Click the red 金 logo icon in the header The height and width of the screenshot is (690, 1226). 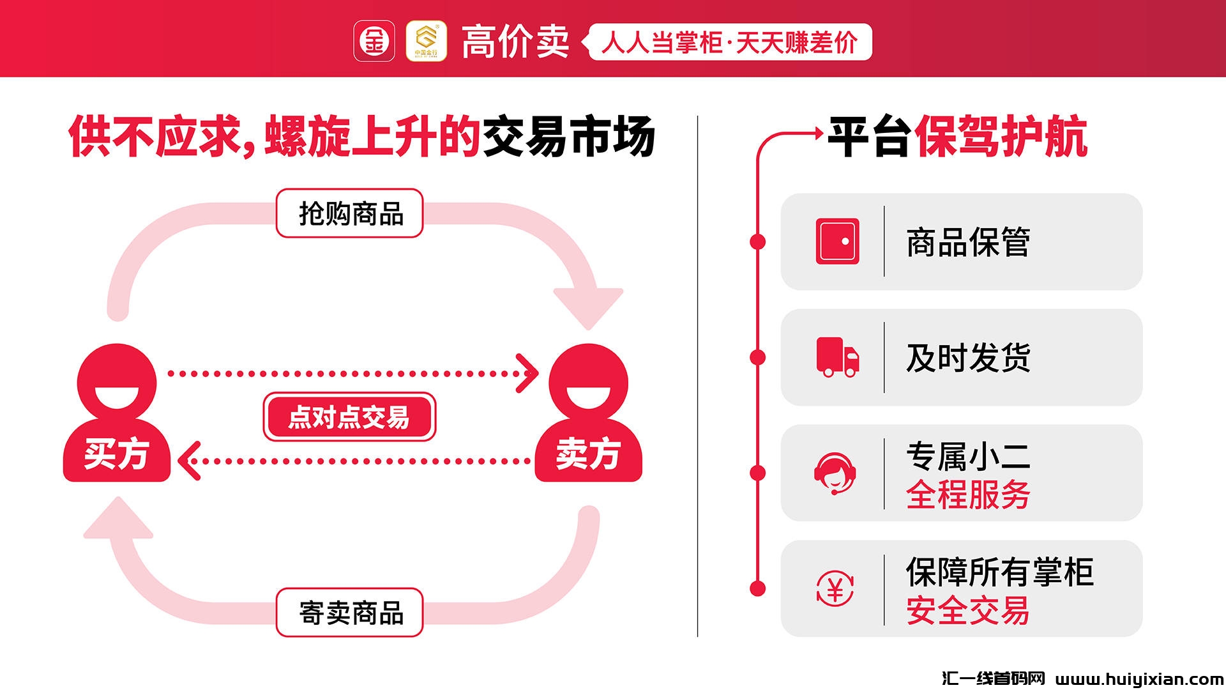pos(374,42)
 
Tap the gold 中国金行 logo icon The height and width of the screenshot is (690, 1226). pos(426,42)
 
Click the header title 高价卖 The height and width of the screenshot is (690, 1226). pos(515,42)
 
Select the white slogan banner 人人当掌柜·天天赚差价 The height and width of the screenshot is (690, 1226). pos(729,42)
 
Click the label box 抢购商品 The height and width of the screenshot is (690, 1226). pos(350,213)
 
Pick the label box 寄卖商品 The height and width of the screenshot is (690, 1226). pos(350,613)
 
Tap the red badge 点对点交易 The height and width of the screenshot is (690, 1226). pos(349,417)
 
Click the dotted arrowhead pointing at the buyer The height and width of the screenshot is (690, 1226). pos(190,461)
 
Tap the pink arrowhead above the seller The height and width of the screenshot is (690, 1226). pos(588,307)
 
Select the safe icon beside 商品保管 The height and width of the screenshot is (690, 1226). pos(837,241)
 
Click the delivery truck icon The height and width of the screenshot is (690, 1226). pos(837,357)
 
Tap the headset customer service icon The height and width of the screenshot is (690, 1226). pos(835,473)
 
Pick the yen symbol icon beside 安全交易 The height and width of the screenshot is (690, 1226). pos(835,588)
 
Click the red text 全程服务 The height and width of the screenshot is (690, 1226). pos(967,494)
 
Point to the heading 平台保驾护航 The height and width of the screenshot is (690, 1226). pos(957,137)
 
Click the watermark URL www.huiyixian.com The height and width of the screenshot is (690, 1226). pos(1139,678)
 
